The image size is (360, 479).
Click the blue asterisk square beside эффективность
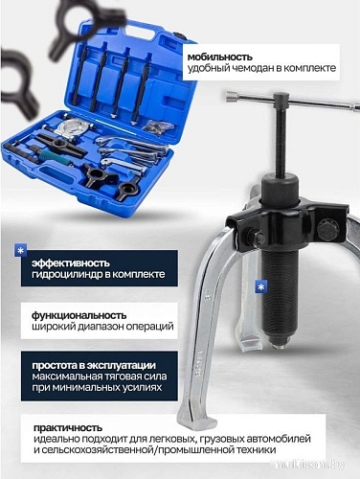20,252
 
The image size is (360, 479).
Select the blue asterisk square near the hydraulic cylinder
261,286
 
